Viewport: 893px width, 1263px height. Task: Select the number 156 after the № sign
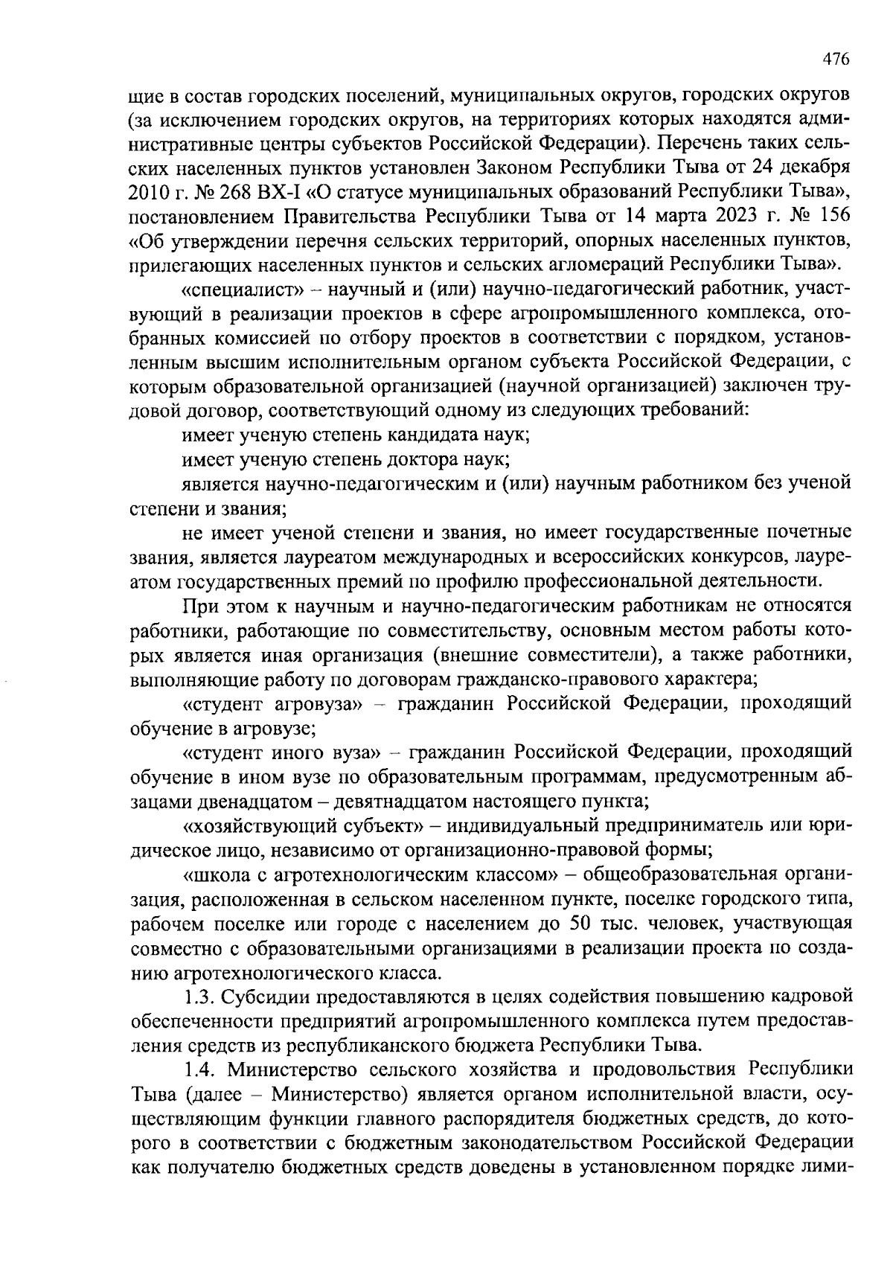(833, 215)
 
